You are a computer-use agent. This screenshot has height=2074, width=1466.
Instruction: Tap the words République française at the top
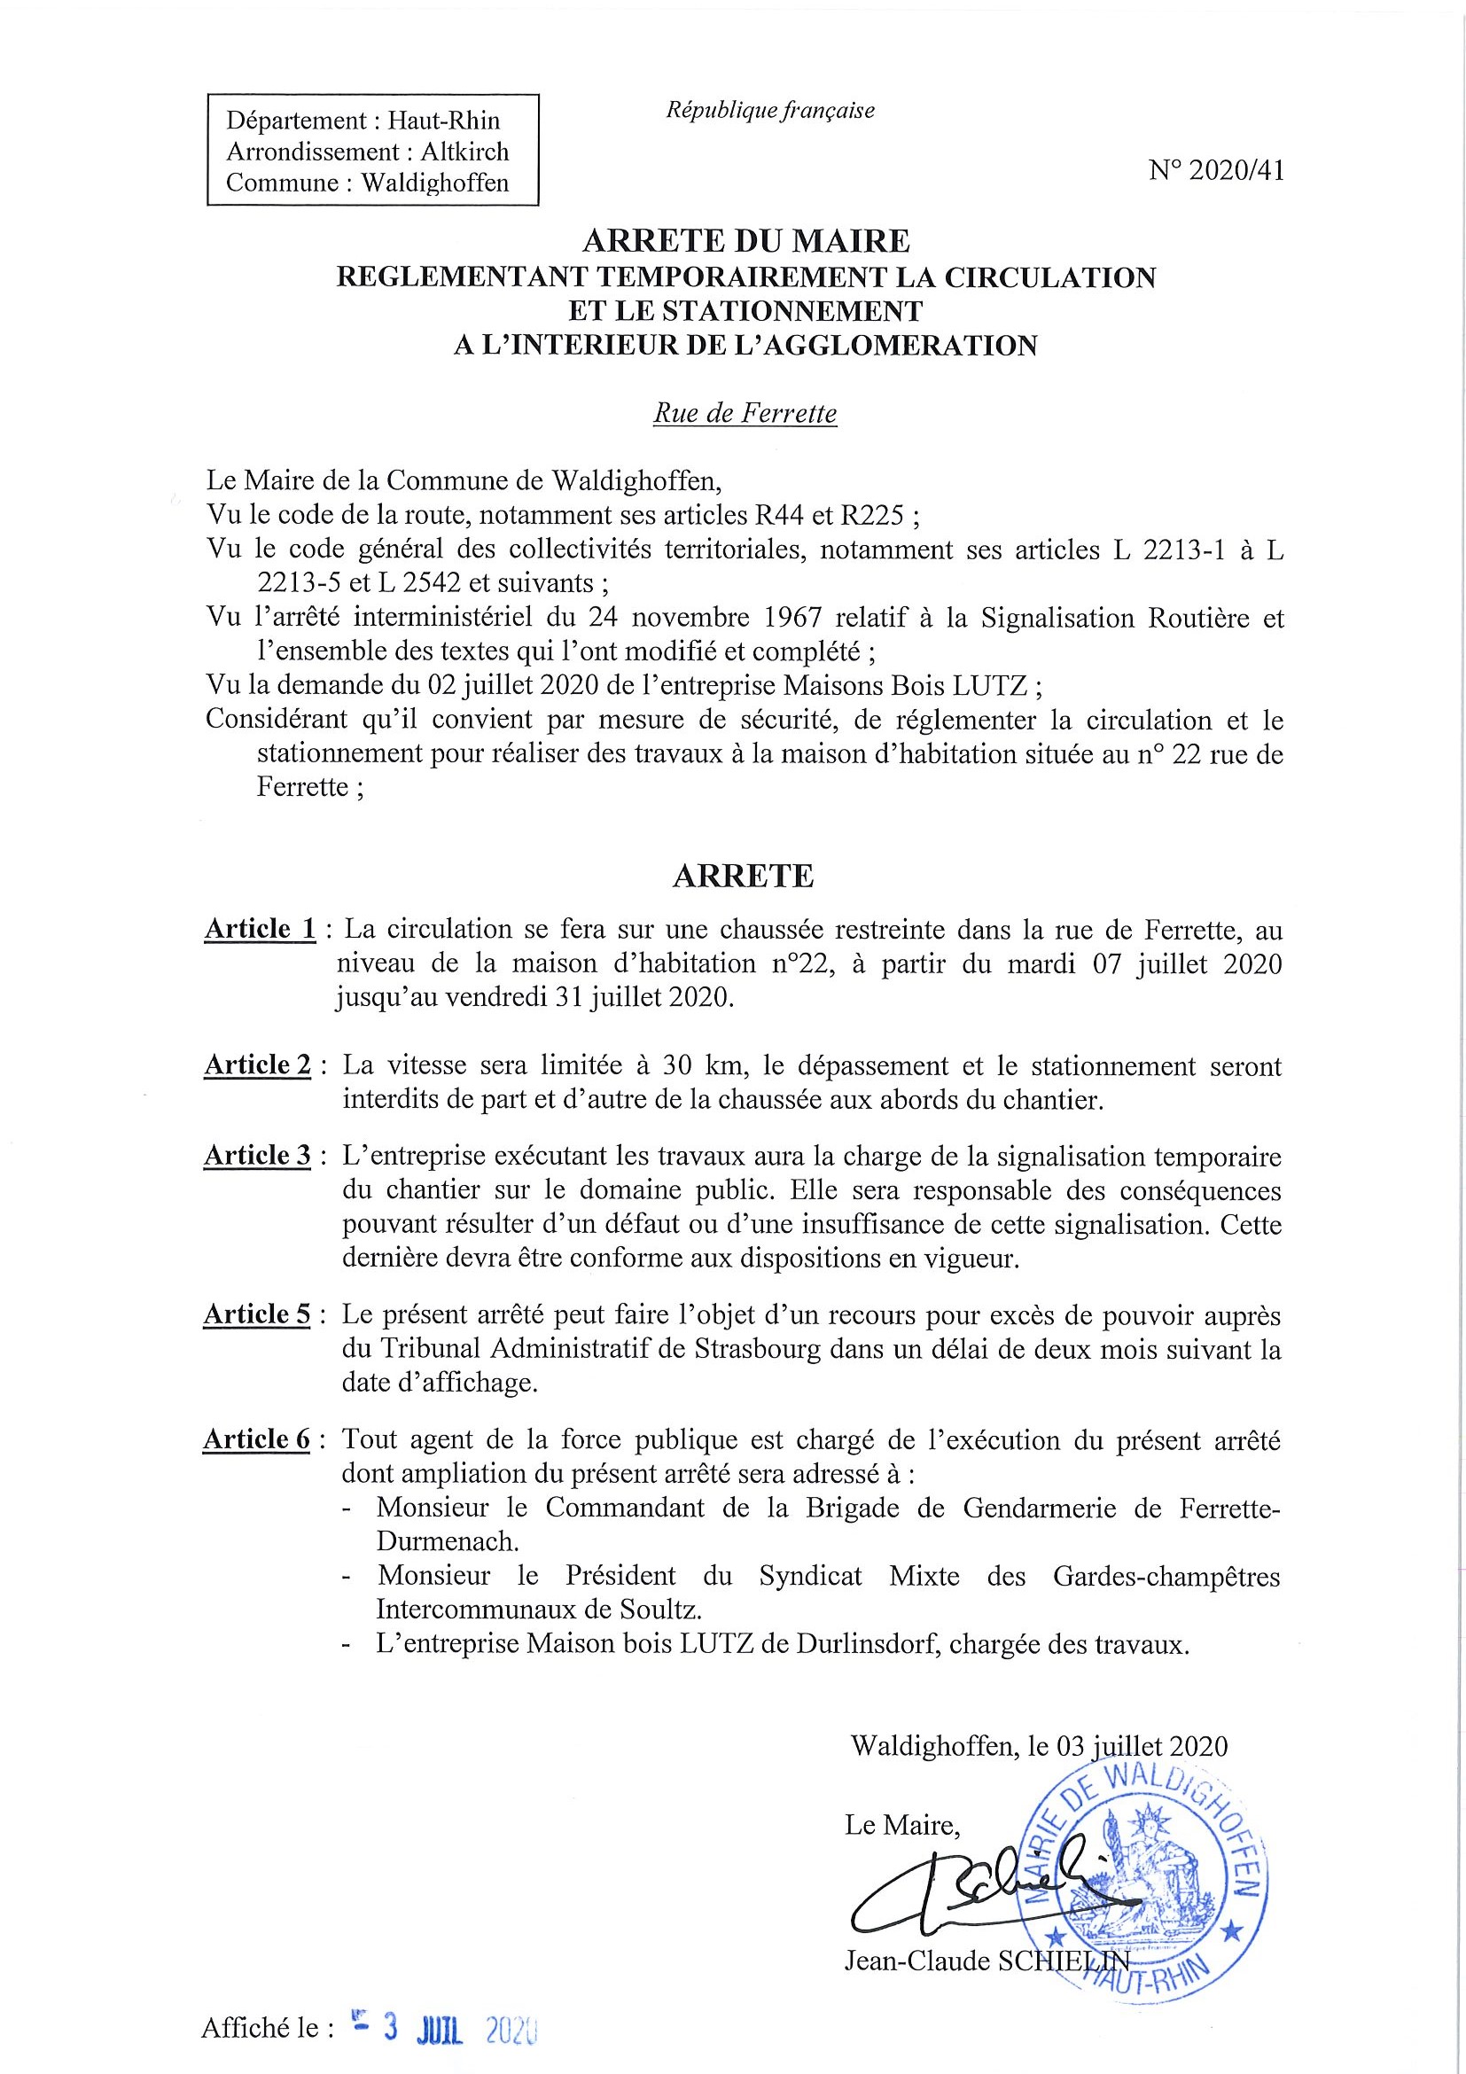point(769,110)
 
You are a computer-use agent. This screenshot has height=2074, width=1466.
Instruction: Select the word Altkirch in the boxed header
point(464,151)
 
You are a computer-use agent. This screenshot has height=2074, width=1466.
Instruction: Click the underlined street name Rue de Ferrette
point(745,414)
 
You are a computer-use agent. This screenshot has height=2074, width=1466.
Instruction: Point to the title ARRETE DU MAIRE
point(745,241)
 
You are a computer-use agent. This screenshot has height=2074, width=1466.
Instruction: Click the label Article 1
point(261,929)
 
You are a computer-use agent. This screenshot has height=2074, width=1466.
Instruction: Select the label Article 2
point(257,1065)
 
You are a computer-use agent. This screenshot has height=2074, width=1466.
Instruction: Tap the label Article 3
point(257,1156)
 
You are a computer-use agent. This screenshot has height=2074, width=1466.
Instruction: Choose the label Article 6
point(257,1439)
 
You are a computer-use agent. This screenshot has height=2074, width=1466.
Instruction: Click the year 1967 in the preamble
point(792,619)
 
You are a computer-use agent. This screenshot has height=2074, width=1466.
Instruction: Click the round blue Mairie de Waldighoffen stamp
point(1142,1877)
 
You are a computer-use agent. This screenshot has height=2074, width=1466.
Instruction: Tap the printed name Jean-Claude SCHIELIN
point(985,1961)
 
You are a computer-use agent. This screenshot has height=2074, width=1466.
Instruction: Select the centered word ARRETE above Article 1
point(743,877)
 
